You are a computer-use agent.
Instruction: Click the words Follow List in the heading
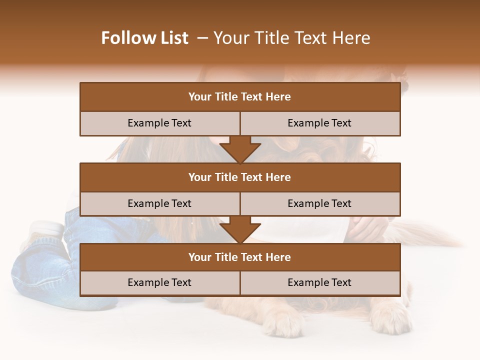tap(144, 38)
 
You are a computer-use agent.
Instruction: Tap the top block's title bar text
tap(239, 97)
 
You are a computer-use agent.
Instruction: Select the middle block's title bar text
tap(239, 177)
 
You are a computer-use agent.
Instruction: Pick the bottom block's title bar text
tap(239, 257)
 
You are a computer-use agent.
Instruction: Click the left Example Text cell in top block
tap(159, 123)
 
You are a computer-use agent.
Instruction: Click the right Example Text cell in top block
tap(319, 123)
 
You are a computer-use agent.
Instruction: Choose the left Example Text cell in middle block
tap(159, 203)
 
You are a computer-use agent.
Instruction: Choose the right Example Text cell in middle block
tap(319, 203)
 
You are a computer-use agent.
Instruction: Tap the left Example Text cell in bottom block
tap(159, 282)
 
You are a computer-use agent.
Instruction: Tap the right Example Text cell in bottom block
tap(319, 282)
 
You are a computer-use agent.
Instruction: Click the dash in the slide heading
tap(202, 38)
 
